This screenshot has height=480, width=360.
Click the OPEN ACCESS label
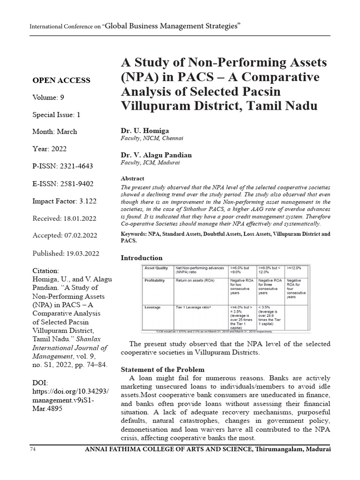tap(61, 80)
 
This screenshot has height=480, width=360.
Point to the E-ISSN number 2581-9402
tap(77, 183)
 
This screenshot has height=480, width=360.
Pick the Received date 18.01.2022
tap(80, 218)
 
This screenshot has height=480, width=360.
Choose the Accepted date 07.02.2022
tap(80, 236)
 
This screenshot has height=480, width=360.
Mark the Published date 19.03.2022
tap(81, 253)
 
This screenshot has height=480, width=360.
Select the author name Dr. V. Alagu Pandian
tap(157, 155)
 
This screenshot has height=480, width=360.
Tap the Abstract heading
tap(133, 178)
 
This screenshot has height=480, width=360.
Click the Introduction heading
tap(142, 258)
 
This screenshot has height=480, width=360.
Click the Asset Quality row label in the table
tap(157, 268)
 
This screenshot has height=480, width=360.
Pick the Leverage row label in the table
tap(153, 307)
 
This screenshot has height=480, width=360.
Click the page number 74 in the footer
tap(33, 450)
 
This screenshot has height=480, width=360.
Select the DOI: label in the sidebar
tap(40, 383)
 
